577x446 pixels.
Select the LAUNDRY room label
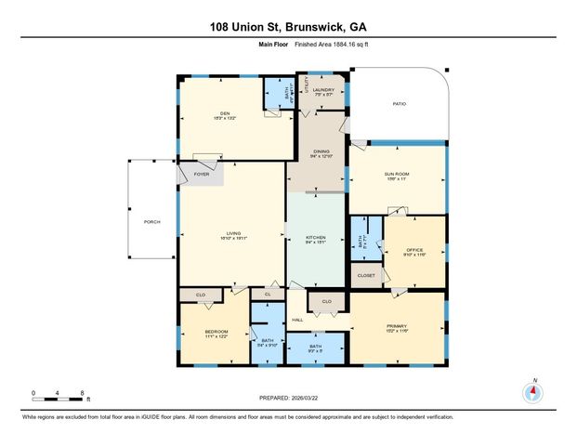pyautogui.click(x=323, y=89)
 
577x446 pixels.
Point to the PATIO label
pyautogui.click(x=399, y=105)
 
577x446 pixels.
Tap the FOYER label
pyautogui.click(x=202, y=174)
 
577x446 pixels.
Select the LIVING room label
pyautogui.click(x=231, y=234)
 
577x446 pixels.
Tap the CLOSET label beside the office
pyautogui.click(x=366, y=275)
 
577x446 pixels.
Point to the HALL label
pyautogui.click(x=297, y=320)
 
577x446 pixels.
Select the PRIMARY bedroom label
pyautogui.click(x=398, y=326)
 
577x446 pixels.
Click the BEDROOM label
pyautogui.click(x=216, y=332)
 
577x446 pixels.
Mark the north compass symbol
pyautogui.click(x=533, y=392)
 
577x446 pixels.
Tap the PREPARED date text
pyautogui.click(x=288, y=397)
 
